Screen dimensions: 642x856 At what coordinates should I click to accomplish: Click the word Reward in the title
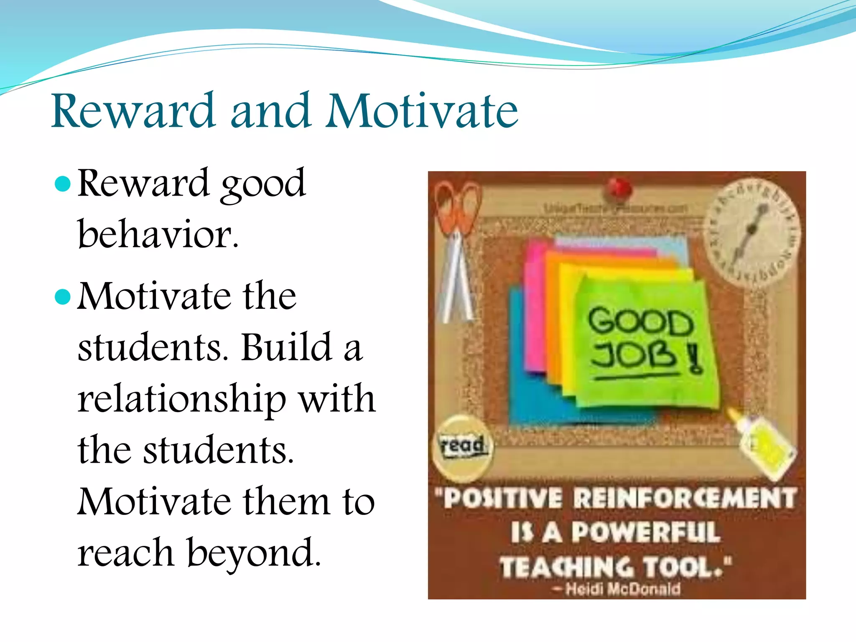133,111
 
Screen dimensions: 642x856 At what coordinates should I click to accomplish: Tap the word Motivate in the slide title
422,111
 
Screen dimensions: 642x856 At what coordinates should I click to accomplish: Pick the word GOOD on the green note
640,322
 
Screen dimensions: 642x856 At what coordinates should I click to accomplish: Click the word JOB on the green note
633,356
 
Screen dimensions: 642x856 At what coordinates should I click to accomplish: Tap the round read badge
462,447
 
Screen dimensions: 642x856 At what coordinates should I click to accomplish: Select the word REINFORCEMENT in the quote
684,498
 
